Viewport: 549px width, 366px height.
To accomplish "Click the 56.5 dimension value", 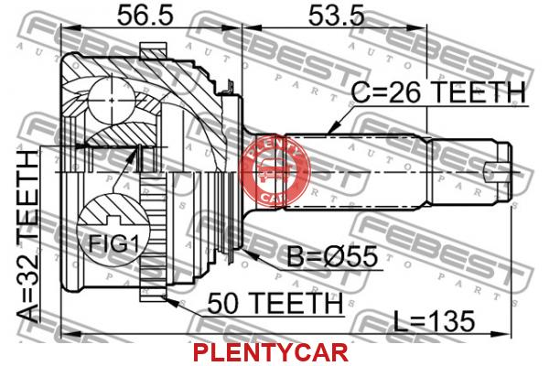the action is click(x=145, y=15).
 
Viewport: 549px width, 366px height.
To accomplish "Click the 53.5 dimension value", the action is click(x=336, y=15).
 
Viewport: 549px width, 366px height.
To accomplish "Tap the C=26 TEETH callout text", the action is click(x=438, y=92).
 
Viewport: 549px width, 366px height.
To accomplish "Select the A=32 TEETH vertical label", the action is click(x=28, y=237).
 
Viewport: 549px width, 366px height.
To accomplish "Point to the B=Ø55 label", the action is click(x=332, y=257).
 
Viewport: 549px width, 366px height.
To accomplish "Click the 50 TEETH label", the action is click(x=274, y=303).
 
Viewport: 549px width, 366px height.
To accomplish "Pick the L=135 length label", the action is click(x=434, y=320).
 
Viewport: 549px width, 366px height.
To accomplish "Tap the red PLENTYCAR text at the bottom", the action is click(x=270, y=352).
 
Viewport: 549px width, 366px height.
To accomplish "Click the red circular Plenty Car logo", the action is click(x=274, y=171).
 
